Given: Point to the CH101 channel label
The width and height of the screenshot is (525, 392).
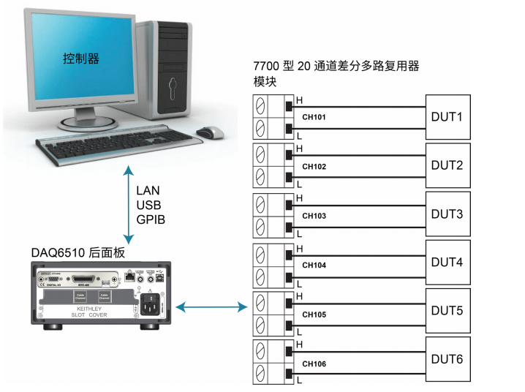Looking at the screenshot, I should coord(314,117).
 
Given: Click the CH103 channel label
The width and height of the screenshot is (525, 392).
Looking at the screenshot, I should coord(314,216).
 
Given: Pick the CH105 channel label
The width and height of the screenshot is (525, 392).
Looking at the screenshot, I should coord(314,314).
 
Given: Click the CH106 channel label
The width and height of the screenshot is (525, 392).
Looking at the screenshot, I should coord(314,363).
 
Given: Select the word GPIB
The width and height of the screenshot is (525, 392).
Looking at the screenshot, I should coord(151,219).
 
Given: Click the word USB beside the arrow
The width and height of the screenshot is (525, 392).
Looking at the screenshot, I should coord(148,205).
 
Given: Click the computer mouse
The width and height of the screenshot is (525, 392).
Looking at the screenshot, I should coord(209,132).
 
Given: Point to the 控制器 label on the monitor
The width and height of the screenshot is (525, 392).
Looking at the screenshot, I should coord(80,57).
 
